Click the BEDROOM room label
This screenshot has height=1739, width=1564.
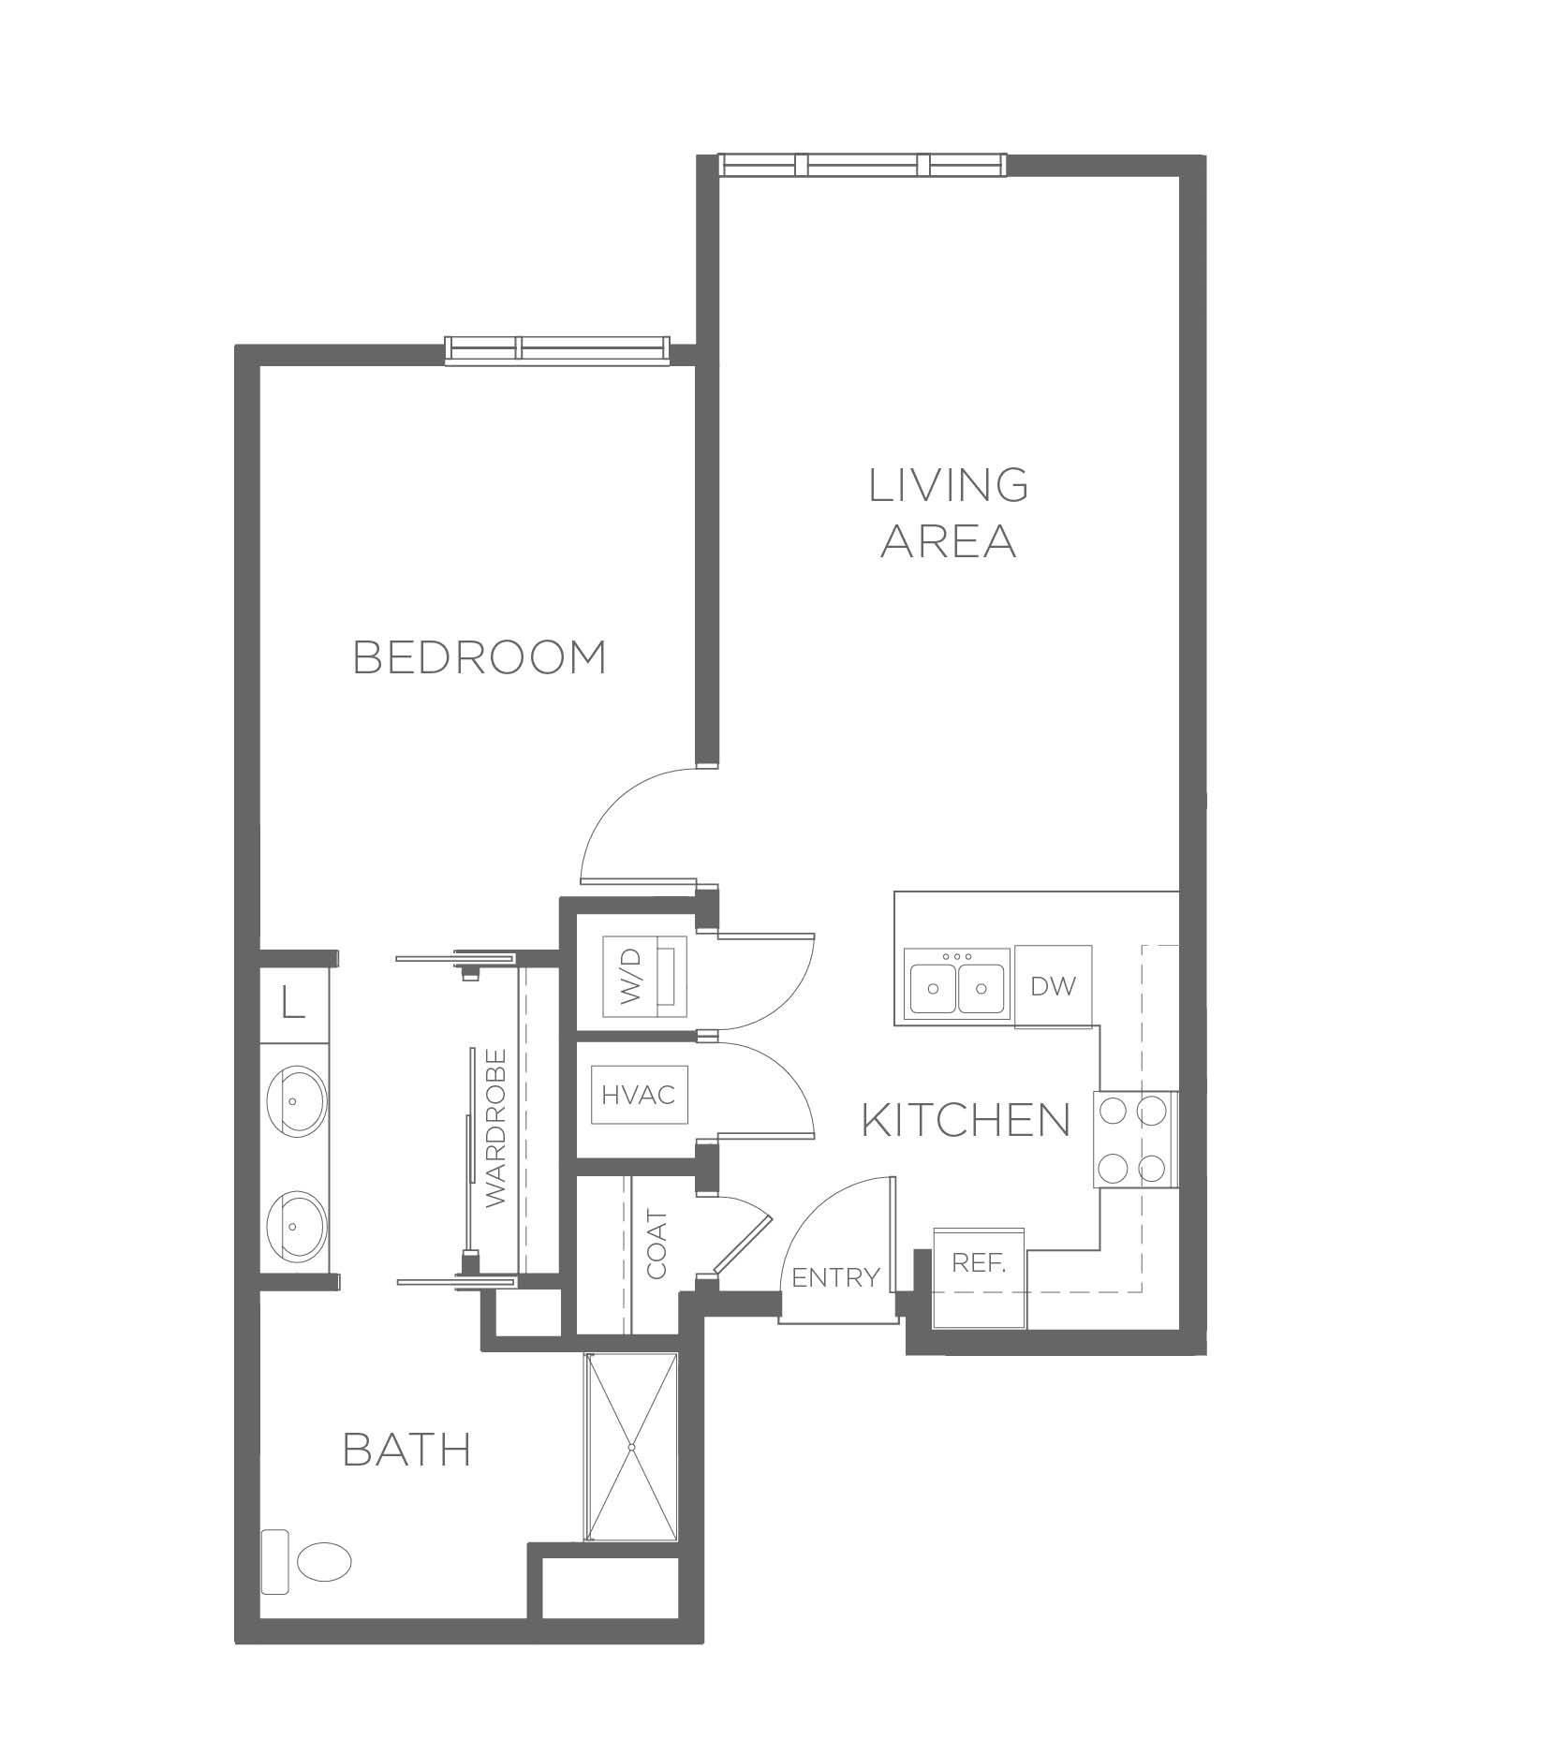pyautogui.click(x=480, y=657)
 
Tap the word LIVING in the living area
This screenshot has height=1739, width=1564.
pyautogui.click(x=949, y=484)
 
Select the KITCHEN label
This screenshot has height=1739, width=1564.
pyautogui.click(x=966, y=1120)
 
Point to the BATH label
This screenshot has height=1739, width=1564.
pyautogui.click(x=407, y=1451)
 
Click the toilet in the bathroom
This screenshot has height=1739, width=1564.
pyautogui.click(x=307, y=1560)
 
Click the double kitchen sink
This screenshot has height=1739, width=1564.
pyautogui.click(x=956, y=985)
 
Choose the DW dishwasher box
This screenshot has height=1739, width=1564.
pyautogui.click(x=1054, y=985)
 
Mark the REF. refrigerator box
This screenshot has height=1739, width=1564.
pyautogui.click(x=980, y=1275)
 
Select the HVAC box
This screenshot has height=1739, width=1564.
pyautogui.click(x=639, y=1094)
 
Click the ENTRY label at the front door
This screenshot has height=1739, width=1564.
pyautogui.click(x=835, y=1276)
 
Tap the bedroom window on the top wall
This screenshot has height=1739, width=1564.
pyautogui.click(x=558, y=348)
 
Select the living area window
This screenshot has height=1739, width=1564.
pyautogui.click(x=863, y=165)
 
